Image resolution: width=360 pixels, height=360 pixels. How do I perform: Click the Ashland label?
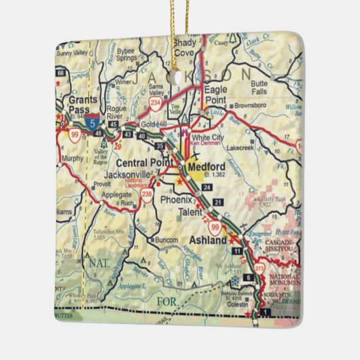pyautogui.click(x=207, y=241)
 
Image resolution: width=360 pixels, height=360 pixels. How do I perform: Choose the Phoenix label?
pyautogui.click(x=178, y=200)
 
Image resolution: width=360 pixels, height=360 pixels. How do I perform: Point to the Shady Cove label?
pyautogui.click(x=184, y=46)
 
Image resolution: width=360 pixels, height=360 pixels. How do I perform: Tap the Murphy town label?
pyautogui.click(x=73, y=158)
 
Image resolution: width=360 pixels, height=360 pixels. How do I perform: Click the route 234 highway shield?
pyautogui.click(x=156, y=103)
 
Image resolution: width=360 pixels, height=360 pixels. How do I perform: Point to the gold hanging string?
pyautogui.click(x=181, y=27)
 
